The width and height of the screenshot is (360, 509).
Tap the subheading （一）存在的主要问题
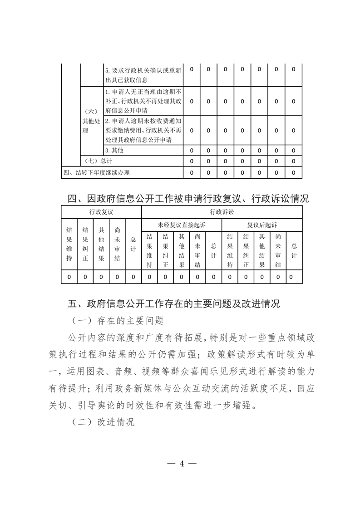pos(117,321)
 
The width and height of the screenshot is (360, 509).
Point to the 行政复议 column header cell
pos(101,212)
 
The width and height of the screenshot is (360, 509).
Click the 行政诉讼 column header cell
pos(222,212)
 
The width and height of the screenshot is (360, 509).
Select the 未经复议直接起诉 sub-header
pos(182,225)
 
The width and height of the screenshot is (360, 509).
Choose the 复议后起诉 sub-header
pos(262,225)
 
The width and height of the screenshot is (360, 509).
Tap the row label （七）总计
pos(98,161)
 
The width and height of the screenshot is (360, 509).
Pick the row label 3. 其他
pos(114,150)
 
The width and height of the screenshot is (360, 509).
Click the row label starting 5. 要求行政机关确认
pos(143,75)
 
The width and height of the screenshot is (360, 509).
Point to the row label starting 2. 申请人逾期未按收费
pos(143,130)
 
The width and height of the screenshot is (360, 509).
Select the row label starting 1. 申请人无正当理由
pos(143,101)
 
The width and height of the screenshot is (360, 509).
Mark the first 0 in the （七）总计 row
pos(192,161)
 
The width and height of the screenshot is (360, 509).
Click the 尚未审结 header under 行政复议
pos(117,244)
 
